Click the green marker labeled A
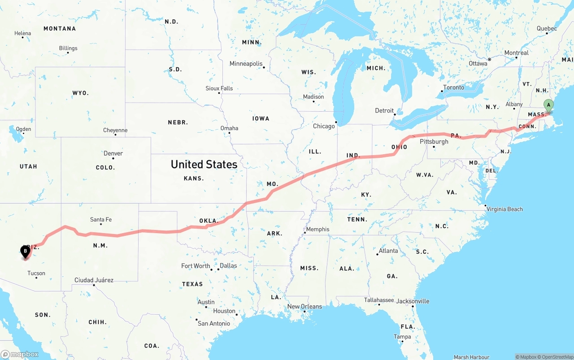tap(548, 106)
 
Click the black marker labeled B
tap(26, 252)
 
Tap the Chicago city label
tap(324, 126)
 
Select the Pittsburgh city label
tap(434, 141)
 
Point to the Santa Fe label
tap(101, 219)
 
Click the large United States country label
tap(204, 165)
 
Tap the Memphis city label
tap(317, 229)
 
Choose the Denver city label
tap(113, 153)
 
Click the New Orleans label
tap(304, 307)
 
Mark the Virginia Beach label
tap(504, 209)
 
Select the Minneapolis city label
tap(246, 64)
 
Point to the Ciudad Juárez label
tap(94, 280)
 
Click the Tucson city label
tap(36, 273)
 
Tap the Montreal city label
tap(516, 53)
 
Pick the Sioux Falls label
tap(219, 88)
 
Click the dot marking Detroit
tap(395, 114)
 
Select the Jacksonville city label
tap(413, 301)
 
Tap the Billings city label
tap(68, 48)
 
